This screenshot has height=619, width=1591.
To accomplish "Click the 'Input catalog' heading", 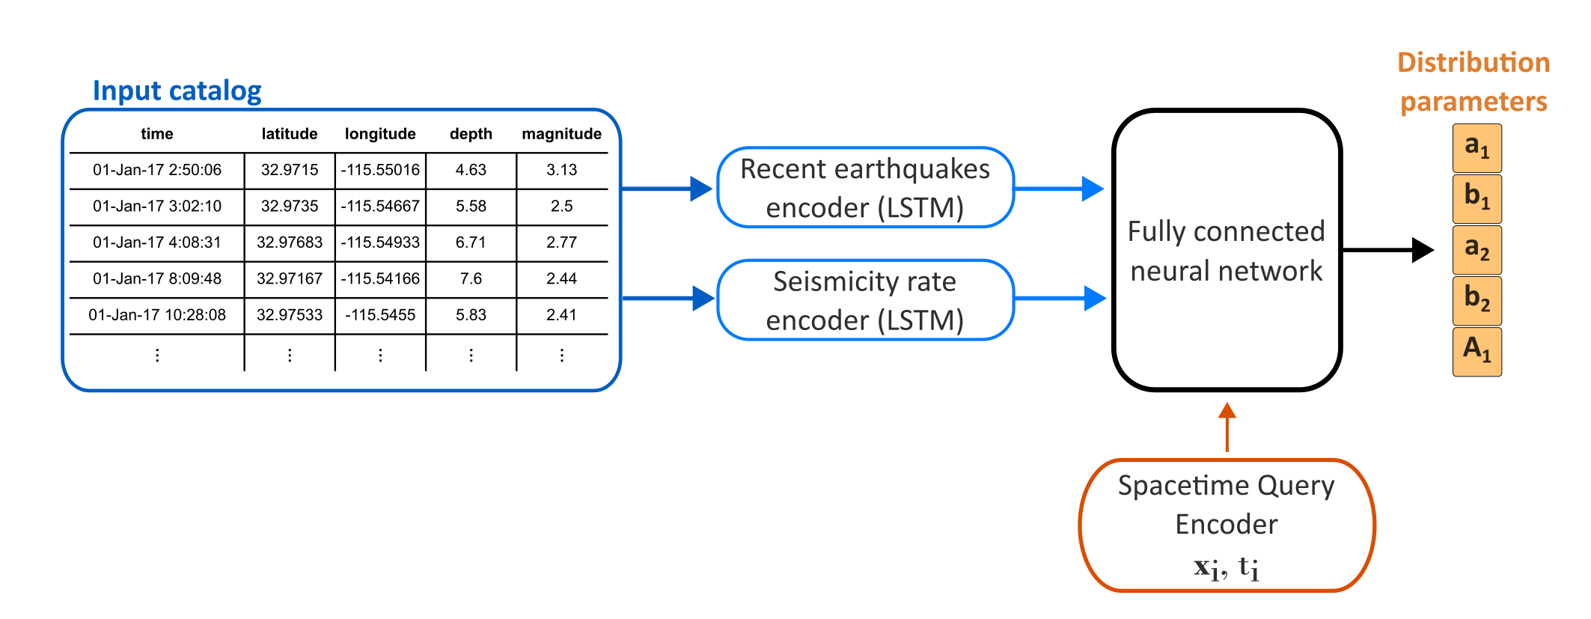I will tap(177, 91).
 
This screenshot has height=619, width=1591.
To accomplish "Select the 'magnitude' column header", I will tap(561, 134).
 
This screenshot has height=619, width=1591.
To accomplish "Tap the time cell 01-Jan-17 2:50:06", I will tap(157, 170).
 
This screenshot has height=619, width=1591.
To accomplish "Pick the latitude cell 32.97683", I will tap(289, 243).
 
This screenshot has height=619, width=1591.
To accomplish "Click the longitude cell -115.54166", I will tap(380, 278).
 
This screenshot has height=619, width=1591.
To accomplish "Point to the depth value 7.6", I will tap(471, 278).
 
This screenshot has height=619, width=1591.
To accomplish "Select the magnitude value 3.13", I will tap(561, 170).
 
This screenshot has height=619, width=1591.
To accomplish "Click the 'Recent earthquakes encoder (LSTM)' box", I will tap(865, 188).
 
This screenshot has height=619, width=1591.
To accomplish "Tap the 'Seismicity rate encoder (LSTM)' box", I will tap(865, 300).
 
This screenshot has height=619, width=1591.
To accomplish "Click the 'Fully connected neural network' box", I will tap(1226, 250).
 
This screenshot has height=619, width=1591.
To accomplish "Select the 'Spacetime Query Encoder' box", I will tap(1226, 524).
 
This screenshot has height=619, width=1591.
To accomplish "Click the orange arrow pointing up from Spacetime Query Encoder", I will tap(1227, 427).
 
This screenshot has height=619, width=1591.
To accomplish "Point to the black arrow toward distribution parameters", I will tap(1388, 250).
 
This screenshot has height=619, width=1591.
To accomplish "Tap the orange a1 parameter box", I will tap(1477, 147).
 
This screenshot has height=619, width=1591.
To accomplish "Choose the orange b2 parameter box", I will tap(1477, 300).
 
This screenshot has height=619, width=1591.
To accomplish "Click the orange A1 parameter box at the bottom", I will tap(1477, 351).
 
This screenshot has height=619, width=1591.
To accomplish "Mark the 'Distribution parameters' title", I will tap(1473, 82).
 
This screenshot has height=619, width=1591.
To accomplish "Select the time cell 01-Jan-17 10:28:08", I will tap(157, 315).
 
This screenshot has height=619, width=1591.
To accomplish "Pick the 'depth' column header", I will tap(471, 134).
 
